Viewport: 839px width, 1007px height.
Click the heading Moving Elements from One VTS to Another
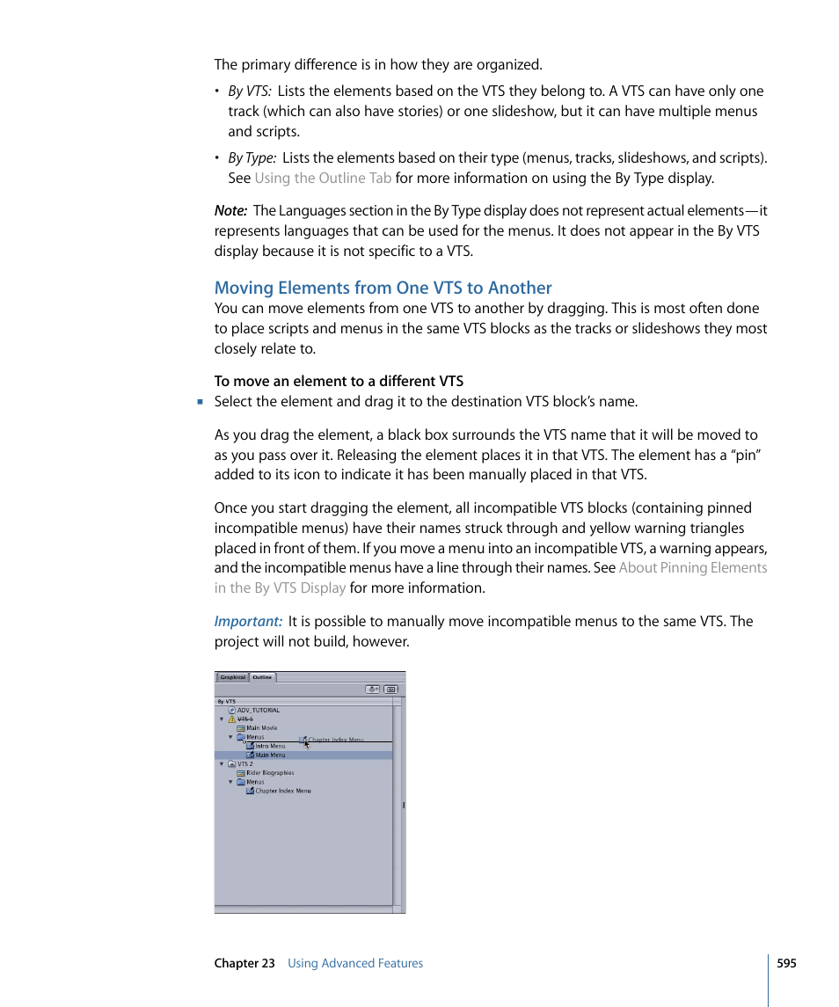point(383,288)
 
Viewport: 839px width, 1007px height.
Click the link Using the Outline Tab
point(322,178)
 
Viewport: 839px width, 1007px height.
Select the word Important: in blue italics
point(248,621)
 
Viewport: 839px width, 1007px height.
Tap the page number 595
point(786,963)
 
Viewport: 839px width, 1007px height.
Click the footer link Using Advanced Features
point(354,963)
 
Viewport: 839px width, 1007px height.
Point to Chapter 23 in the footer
point(244,963)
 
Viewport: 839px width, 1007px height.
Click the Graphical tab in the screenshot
point(233,677)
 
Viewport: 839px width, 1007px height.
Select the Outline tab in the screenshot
point(262,677)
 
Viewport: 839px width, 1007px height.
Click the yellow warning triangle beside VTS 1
point(232,719)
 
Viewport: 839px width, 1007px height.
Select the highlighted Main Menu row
point(270,755)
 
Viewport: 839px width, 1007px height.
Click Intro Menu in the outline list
point(269,746)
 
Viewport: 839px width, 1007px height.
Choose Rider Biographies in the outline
point(269,773)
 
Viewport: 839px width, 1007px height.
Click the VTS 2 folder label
point(244,764)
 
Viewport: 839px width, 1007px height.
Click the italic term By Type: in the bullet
point(252,157)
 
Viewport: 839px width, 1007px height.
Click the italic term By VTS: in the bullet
point(250,91)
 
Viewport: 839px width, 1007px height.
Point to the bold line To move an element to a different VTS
point(339,381)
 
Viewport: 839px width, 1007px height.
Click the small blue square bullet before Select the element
point(200,402)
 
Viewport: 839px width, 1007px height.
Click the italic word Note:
point(230,210)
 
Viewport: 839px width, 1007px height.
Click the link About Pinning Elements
point(692,567)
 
